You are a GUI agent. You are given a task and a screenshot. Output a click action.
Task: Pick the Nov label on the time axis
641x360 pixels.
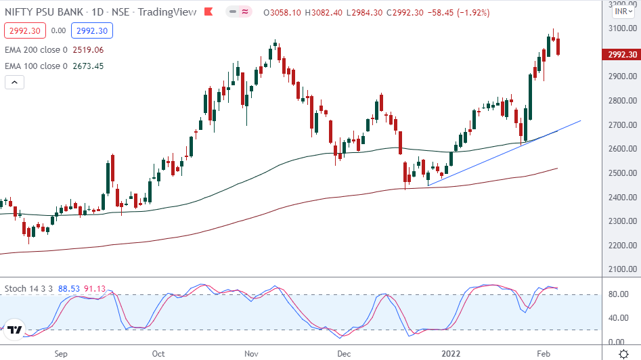tap(251, 353)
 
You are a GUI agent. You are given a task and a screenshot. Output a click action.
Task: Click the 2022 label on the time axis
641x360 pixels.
tap(451, 353)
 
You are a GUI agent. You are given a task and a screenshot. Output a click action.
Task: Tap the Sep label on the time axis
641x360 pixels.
tap(61, 353)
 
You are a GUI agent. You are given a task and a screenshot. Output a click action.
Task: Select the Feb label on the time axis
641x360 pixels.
tap(544, 353)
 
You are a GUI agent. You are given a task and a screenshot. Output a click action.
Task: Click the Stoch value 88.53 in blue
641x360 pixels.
tap(69, 289)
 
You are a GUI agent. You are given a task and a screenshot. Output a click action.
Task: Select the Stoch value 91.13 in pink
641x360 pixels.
tap(95, 289)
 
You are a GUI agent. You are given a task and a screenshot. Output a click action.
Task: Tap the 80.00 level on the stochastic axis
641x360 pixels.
tap(617, 294)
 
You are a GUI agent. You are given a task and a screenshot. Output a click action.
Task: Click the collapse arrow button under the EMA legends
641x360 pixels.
tap(15, 82)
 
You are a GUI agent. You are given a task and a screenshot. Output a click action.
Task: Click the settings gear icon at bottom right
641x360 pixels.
tap(622, 353)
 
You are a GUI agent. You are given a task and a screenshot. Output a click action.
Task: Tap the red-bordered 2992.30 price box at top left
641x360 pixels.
tap(24, 30)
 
